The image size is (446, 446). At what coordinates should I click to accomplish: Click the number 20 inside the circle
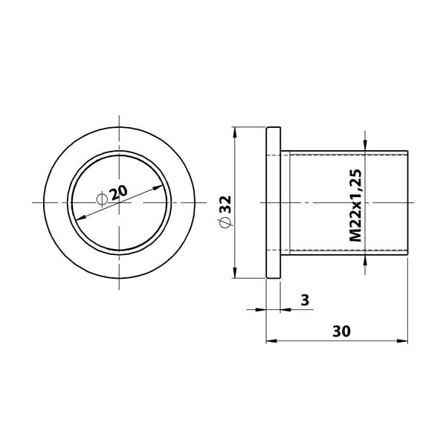tap(118, 193)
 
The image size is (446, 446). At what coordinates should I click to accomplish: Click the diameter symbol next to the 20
tap(102, 198)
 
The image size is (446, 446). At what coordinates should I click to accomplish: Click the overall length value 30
tap(341, 331)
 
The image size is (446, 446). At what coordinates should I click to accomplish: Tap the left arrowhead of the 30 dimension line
tap(270, 341)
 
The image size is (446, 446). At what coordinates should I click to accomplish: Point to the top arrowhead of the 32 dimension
tap(235, 132)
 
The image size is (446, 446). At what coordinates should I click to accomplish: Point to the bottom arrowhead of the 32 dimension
tap(235, 274)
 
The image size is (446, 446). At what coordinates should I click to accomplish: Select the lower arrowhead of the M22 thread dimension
tap(366, 259)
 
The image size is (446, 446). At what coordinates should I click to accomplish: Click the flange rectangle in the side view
tap(274, 203)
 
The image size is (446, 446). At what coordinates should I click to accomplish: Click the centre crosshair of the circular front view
tap(119, 203)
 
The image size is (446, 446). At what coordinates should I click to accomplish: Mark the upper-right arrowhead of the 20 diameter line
tap(161, 187)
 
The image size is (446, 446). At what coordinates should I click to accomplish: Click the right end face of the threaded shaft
tap(408, 203)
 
